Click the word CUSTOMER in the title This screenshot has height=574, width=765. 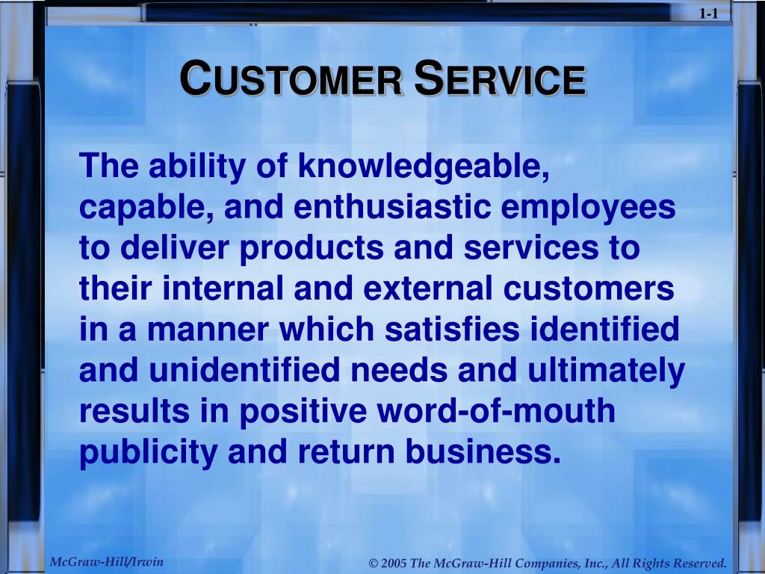[x=291, y=78]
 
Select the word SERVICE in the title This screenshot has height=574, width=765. [x=500, y=78]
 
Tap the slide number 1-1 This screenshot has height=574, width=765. [x=709, y=13]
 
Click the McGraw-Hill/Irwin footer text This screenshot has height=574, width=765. [x=106, y=561]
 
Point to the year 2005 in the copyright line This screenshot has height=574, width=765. [x=394, y=563]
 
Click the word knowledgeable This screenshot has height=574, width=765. [x=424, y=167]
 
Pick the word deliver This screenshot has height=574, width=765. [x=174, y=247]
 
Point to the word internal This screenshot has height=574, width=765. [x=223, y=288]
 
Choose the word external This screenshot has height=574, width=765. [x=428, y=288]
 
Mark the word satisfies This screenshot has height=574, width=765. [x=452, y=329]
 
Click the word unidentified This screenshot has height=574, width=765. [x=244, y=369]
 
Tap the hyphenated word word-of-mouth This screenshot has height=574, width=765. [x=496, y=410]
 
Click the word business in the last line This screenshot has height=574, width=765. [x=483, y=451]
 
